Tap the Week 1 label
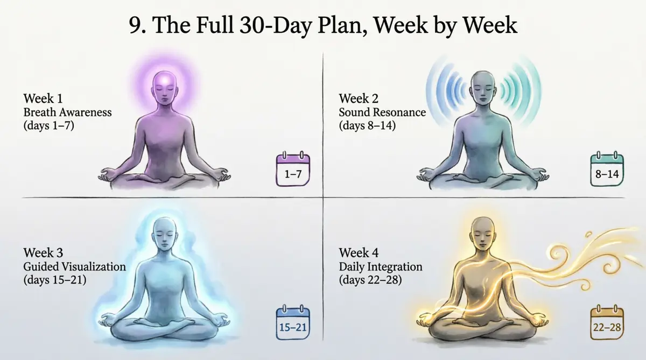pyautogui.click(x=43, y=98)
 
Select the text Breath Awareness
pyautogui.click(x=67, y=112)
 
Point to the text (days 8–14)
pyautogui.click(x=367, y=126)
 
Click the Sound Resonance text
pyautogui.click(x=382, y=112)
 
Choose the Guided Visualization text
pyautogui.click(x=75, y=266)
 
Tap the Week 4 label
pyautogui.click(x=359, y=253)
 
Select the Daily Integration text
pyautogui.click(x=381, y=266)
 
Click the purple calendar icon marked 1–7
pyautogui.click(x=293, y=168)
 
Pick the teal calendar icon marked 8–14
pyautogui.click(x=607, y=168)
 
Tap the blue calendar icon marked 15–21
pyautogui.click(x=293, y=322)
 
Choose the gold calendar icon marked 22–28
pyautogui.click(x=607, y=322)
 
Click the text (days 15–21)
pyautogui.click(x=55, y=280)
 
